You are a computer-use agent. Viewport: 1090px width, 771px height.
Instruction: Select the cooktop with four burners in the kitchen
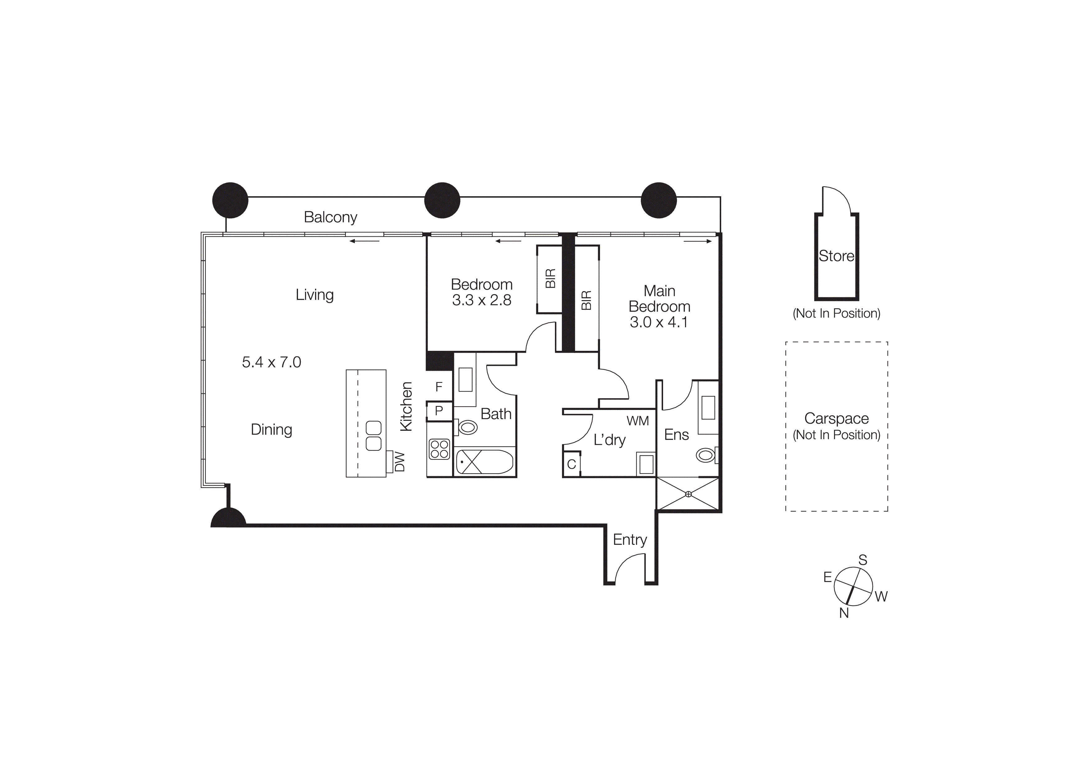(x=439, y=449)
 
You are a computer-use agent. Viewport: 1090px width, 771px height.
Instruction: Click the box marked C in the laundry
(x=572, y=464)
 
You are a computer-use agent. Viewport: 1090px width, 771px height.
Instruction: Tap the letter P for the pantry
(x=439, y=411)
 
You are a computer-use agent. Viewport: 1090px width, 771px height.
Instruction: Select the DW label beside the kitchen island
(x=400, y=462)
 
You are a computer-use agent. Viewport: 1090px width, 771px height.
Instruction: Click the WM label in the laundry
(x=638, y=421)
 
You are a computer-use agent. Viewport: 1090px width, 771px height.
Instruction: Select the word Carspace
(x=836, y=419)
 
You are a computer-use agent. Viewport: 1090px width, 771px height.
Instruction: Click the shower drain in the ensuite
(x=688, y=494)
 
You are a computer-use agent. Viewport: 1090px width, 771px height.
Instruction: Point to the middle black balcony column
(x=442, y=201)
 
